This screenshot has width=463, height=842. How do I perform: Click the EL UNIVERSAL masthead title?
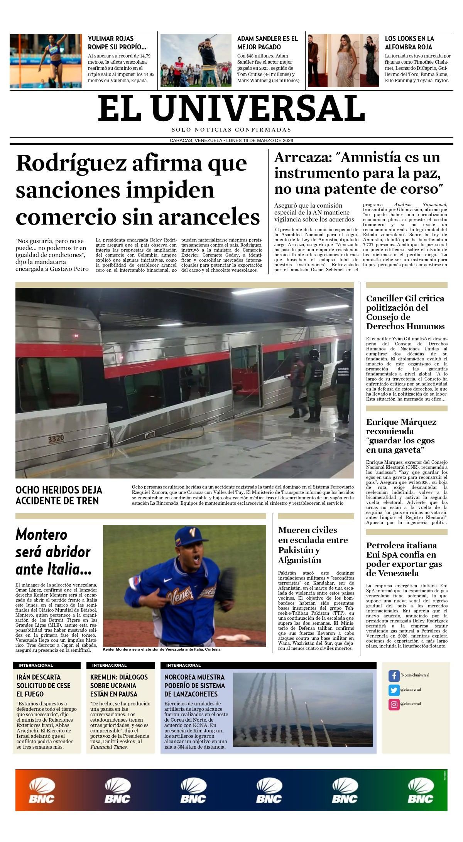click(231, 108)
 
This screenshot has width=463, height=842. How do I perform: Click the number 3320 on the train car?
click(56, 439)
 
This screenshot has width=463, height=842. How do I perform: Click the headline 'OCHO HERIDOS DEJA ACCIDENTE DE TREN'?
click(59, 495)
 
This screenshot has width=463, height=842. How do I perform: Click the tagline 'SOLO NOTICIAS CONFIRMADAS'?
click(231, 130)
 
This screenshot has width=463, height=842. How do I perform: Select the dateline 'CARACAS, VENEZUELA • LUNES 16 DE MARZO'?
click(231, 140)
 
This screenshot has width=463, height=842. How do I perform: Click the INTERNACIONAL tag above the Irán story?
click(35, 665)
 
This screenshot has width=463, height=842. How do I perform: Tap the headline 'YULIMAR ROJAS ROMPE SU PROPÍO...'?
click(117, 42)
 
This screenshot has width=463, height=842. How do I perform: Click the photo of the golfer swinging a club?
click(196, 60)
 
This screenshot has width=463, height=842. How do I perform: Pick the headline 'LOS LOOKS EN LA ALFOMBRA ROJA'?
click(409, 42)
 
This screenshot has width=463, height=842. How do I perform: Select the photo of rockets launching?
click(302, 710)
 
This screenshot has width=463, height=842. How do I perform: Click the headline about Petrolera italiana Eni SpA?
click(404, 559)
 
